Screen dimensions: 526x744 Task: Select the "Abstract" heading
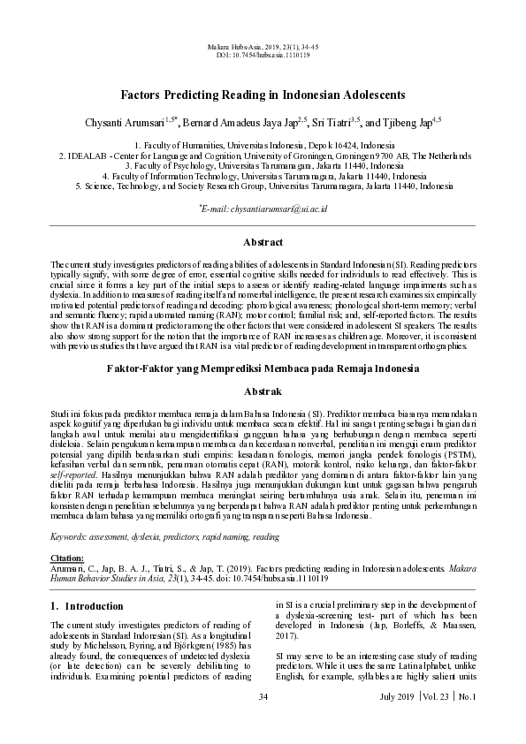pyautogui.click(x=263, y=242)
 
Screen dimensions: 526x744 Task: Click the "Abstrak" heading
pyautogui.click(x=263, y=391)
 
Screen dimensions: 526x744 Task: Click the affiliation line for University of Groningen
pyautogui.click(x=263, y=154)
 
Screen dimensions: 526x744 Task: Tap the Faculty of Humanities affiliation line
pyautogui.click(x=263, y=143)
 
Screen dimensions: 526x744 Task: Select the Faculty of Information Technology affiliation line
pyautogui.click(x=263, y=176)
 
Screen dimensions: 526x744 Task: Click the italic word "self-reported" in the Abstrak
pyautogui.click(x=77, y=473)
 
